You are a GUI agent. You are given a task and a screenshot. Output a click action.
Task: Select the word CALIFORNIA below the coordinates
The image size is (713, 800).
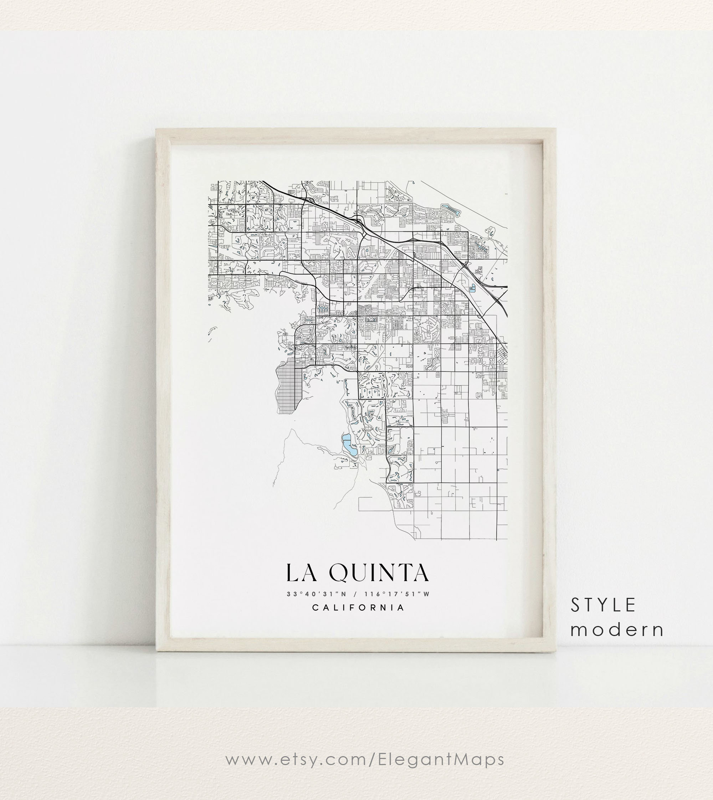[x=358, y=607]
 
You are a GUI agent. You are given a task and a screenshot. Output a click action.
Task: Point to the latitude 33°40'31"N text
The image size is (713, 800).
[x=317, y=594]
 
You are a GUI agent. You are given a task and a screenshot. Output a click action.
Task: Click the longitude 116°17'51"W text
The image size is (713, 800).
[x=397, y=594]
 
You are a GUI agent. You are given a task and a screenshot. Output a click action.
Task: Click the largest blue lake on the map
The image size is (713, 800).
[x=348, y=444]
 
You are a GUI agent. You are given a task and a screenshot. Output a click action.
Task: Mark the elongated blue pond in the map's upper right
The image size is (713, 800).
[x=451, y=210]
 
